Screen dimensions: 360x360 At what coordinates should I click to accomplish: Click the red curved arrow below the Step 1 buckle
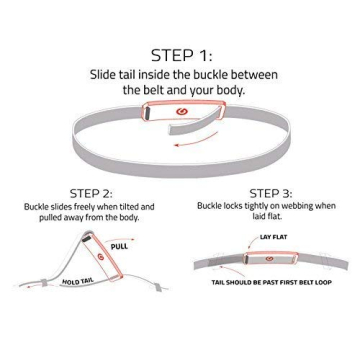[x=196, y=142]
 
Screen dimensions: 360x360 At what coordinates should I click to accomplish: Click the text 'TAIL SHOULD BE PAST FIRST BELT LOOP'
[x=269, y=283]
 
